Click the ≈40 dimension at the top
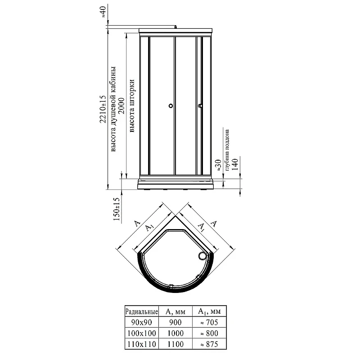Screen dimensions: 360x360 [x=103, y=13]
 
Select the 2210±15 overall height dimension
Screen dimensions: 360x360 [x=103, y=109]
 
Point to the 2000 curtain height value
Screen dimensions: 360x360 [x=121, y=106]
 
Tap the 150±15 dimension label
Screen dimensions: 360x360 [x=117, y=209]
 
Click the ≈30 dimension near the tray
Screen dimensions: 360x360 [x=218, y=165]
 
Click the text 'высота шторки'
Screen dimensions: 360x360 [x=132, y=106]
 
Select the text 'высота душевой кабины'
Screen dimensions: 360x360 [x=113, y=109]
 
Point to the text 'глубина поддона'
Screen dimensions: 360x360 [x=227, y=150]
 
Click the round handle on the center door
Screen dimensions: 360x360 [x=171, y=106]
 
